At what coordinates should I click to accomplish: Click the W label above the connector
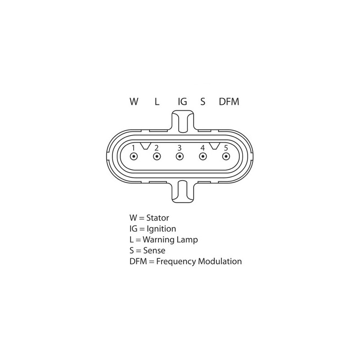134,102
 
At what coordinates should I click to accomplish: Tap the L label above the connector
157,102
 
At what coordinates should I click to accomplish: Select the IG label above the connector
182,102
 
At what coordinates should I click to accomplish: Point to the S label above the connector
202,102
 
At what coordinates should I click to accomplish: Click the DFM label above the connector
229,102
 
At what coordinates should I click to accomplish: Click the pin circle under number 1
134,157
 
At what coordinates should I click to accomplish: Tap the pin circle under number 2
157,157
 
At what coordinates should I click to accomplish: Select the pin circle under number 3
180,157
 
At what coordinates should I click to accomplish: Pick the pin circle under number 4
203,157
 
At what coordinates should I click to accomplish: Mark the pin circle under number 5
226,157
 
